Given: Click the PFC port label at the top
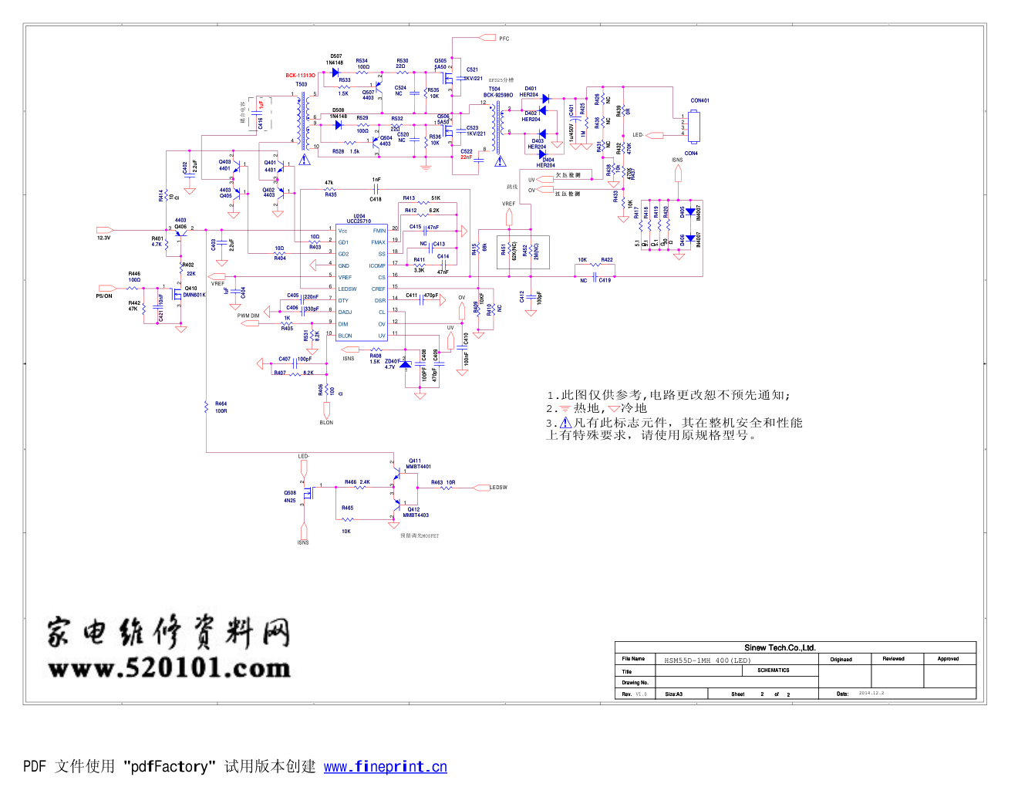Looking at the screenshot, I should click(504, 39).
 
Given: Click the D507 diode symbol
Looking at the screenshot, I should click(335, 73).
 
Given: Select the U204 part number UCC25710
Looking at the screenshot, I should click(359, 221).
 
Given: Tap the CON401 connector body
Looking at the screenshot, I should click(694, 127).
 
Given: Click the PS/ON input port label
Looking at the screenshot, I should click(104, 296).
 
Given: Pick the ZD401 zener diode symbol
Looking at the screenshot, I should click(406, 363).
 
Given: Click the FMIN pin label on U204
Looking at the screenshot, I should click(379, 231).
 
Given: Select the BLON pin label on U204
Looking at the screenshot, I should click(345, 336).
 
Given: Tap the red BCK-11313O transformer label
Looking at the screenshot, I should click(300, 76).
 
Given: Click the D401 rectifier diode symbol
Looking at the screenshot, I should click(545, 99).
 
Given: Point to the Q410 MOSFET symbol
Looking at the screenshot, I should click(176, 294).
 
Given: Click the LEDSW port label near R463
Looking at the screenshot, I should click(499, 488).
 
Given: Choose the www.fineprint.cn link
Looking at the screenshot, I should click(385, 767).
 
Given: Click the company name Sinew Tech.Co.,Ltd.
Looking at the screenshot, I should click(780, 648).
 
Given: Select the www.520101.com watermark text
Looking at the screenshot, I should click(169, 667).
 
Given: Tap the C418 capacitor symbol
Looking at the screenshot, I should click(376, 188).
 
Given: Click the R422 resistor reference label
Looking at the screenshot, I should click(607, 260).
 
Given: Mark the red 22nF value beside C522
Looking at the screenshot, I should click(467, 157).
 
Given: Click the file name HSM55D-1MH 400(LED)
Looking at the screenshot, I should click(706, 660).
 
